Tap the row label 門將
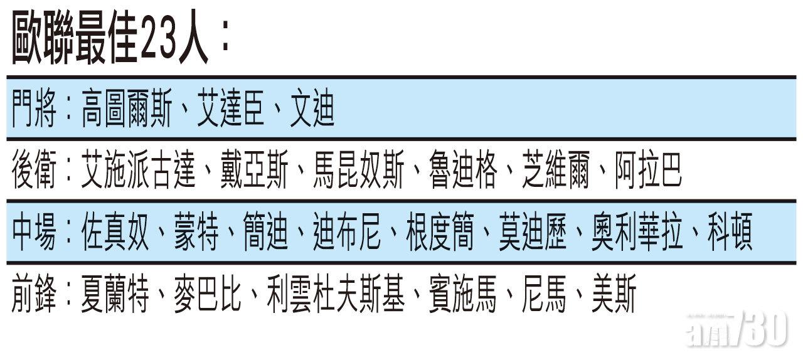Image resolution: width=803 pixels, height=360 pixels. tap(34, 109)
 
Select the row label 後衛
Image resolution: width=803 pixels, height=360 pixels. tap(34, 169)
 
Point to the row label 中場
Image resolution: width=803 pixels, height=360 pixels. tap(34, 231)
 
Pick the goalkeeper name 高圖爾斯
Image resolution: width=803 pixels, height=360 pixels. tap(127, 109)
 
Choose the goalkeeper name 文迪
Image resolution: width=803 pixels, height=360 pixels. tap(312, 109)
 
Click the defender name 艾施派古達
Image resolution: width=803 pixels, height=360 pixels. tap(139, 169)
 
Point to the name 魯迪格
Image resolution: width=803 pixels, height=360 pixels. tap(463, 169)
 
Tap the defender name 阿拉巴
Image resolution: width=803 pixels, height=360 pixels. tap(649, 169)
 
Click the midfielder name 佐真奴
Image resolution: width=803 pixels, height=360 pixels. tap(115, 231)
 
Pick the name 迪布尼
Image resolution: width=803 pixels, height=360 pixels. tap(347, 231)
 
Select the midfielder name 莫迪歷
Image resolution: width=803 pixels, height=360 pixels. tap(533, 231)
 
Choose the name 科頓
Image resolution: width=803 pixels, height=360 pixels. tap(730, 231)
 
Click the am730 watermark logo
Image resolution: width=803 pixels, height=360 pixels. tap(737, 331)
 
